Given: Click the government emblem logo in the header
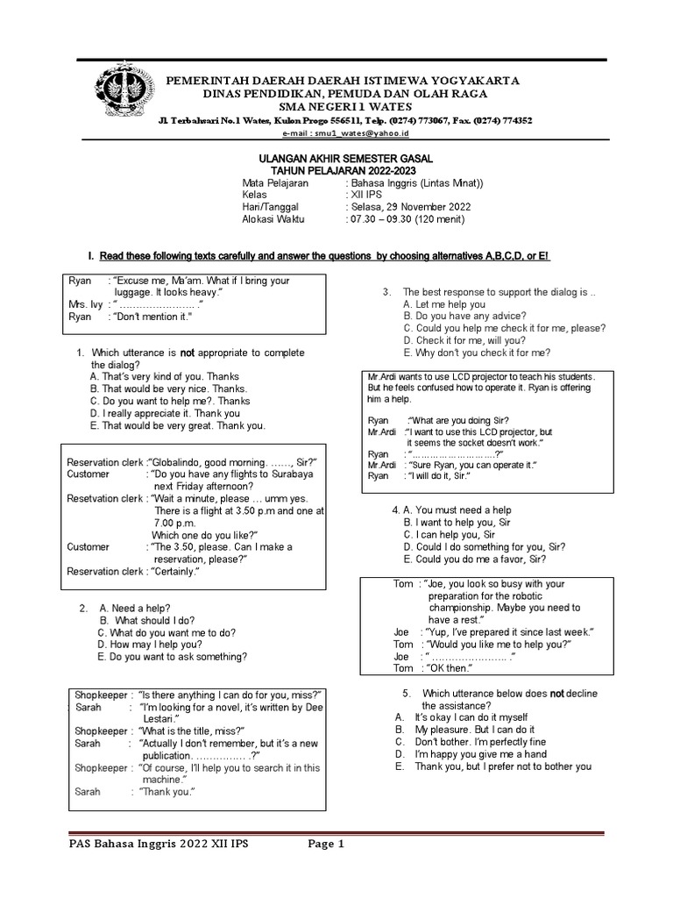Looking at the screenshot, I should pos(118,91).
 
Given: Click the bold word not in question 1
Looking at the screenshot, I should pos(188,353).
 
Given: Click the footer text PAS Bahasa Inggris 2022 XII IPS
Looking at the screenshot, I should pos(159,845).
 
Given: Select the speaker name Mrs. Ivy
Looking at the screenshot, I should pos(84,304).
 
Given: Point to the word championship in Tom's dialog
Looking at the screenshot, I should pos(468,607).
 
